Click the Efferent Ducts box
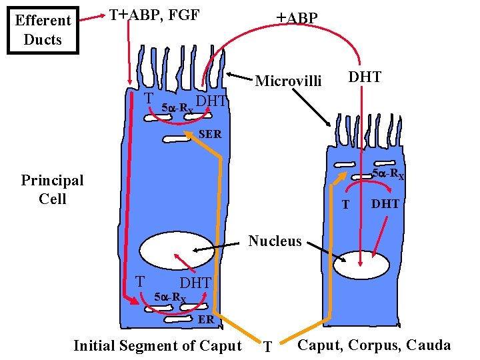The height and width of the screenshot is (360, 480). point(43,30)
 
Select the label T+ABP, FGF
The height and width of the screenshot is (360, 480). point(154,15)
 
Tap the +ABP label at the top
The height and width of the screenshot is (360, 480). point(297,18)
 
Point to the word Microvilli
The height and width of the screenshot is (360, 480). point(288,81)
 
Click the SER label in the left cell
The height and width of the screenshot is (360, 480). point(210,135)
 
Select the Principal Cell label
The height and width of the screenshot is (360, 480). point(52,189)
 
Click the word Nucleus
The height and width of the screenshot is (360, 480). point(275,241)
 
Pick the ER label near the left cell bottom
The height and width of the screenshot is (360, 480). point(206,319)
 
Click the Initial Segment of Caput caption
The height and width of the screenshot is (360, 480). point(157,345)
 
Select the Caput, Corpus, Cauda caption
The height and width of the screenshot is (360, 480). point(374,345)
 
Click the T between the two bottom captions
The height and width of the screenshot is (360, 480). point(267,347)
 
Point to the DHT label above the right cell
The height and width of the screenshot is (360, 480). point(365,77)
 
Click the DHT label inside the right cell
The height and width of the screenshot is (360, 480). point(385,204)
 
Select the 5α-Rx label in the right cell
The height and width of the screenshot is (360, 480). point(387,175)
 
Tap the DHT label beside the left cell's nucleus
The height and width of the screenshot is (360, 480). point(195,283)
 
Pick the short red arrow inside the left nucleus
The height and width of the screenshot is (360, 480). point(182,262)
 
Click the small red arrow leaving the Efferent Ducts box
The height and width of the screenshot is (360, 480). point(94,19)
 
